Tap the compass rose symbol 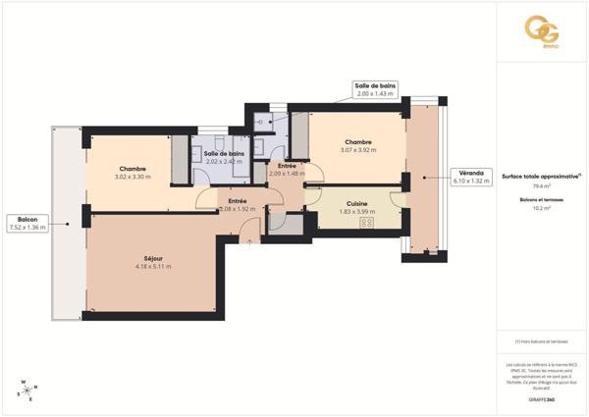coord(24,390)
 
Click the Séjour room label coord(153,259)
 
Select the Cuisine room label coord(357,203)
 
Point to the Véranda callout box coord(468,177)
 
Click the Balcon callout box coord(27,223)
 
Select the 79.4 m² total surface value coord(541,185)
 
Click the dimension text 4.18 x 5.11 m coord(153,266)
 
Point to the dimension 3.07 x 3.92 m coord(357,149)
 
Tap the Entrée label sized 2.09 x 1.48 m coord(287,170)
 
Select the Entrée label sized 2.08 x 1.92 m coord(238,205)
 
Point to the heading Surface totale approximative coord(540,176)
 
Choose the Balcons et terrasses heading coord(541,200)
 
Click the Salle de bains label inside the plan coord(224,154)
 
